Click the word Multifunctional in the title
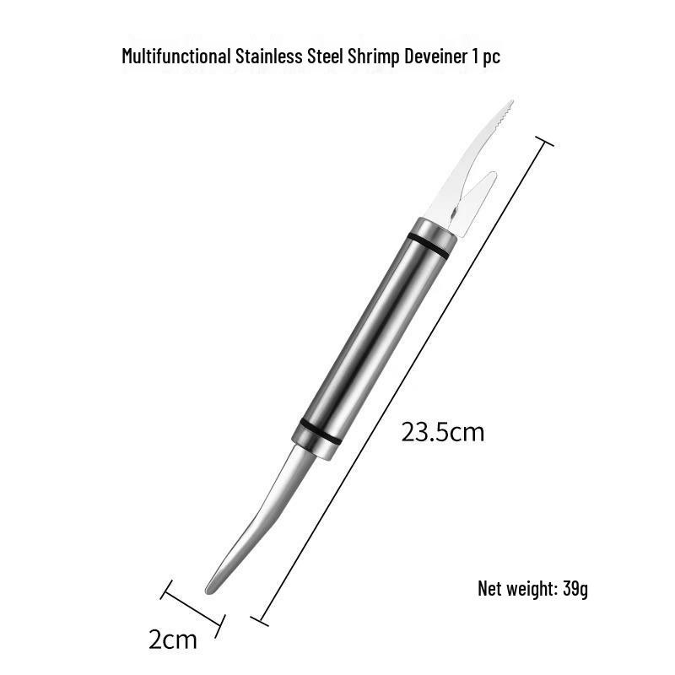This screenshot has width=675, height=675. pos(175,57)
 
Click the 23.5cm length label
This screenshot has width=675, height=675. pos(443,433)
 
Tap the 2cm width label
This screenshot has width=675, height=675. pos(173,640)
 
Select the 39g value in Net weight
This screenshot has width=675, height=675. pos(575,588)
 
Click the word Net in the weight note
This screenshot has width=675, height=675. pos(490,588)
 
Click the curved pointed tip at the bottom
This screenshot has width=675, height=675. pos(211,586)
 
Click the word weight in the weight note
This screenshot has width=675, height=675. pos(532,588)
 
